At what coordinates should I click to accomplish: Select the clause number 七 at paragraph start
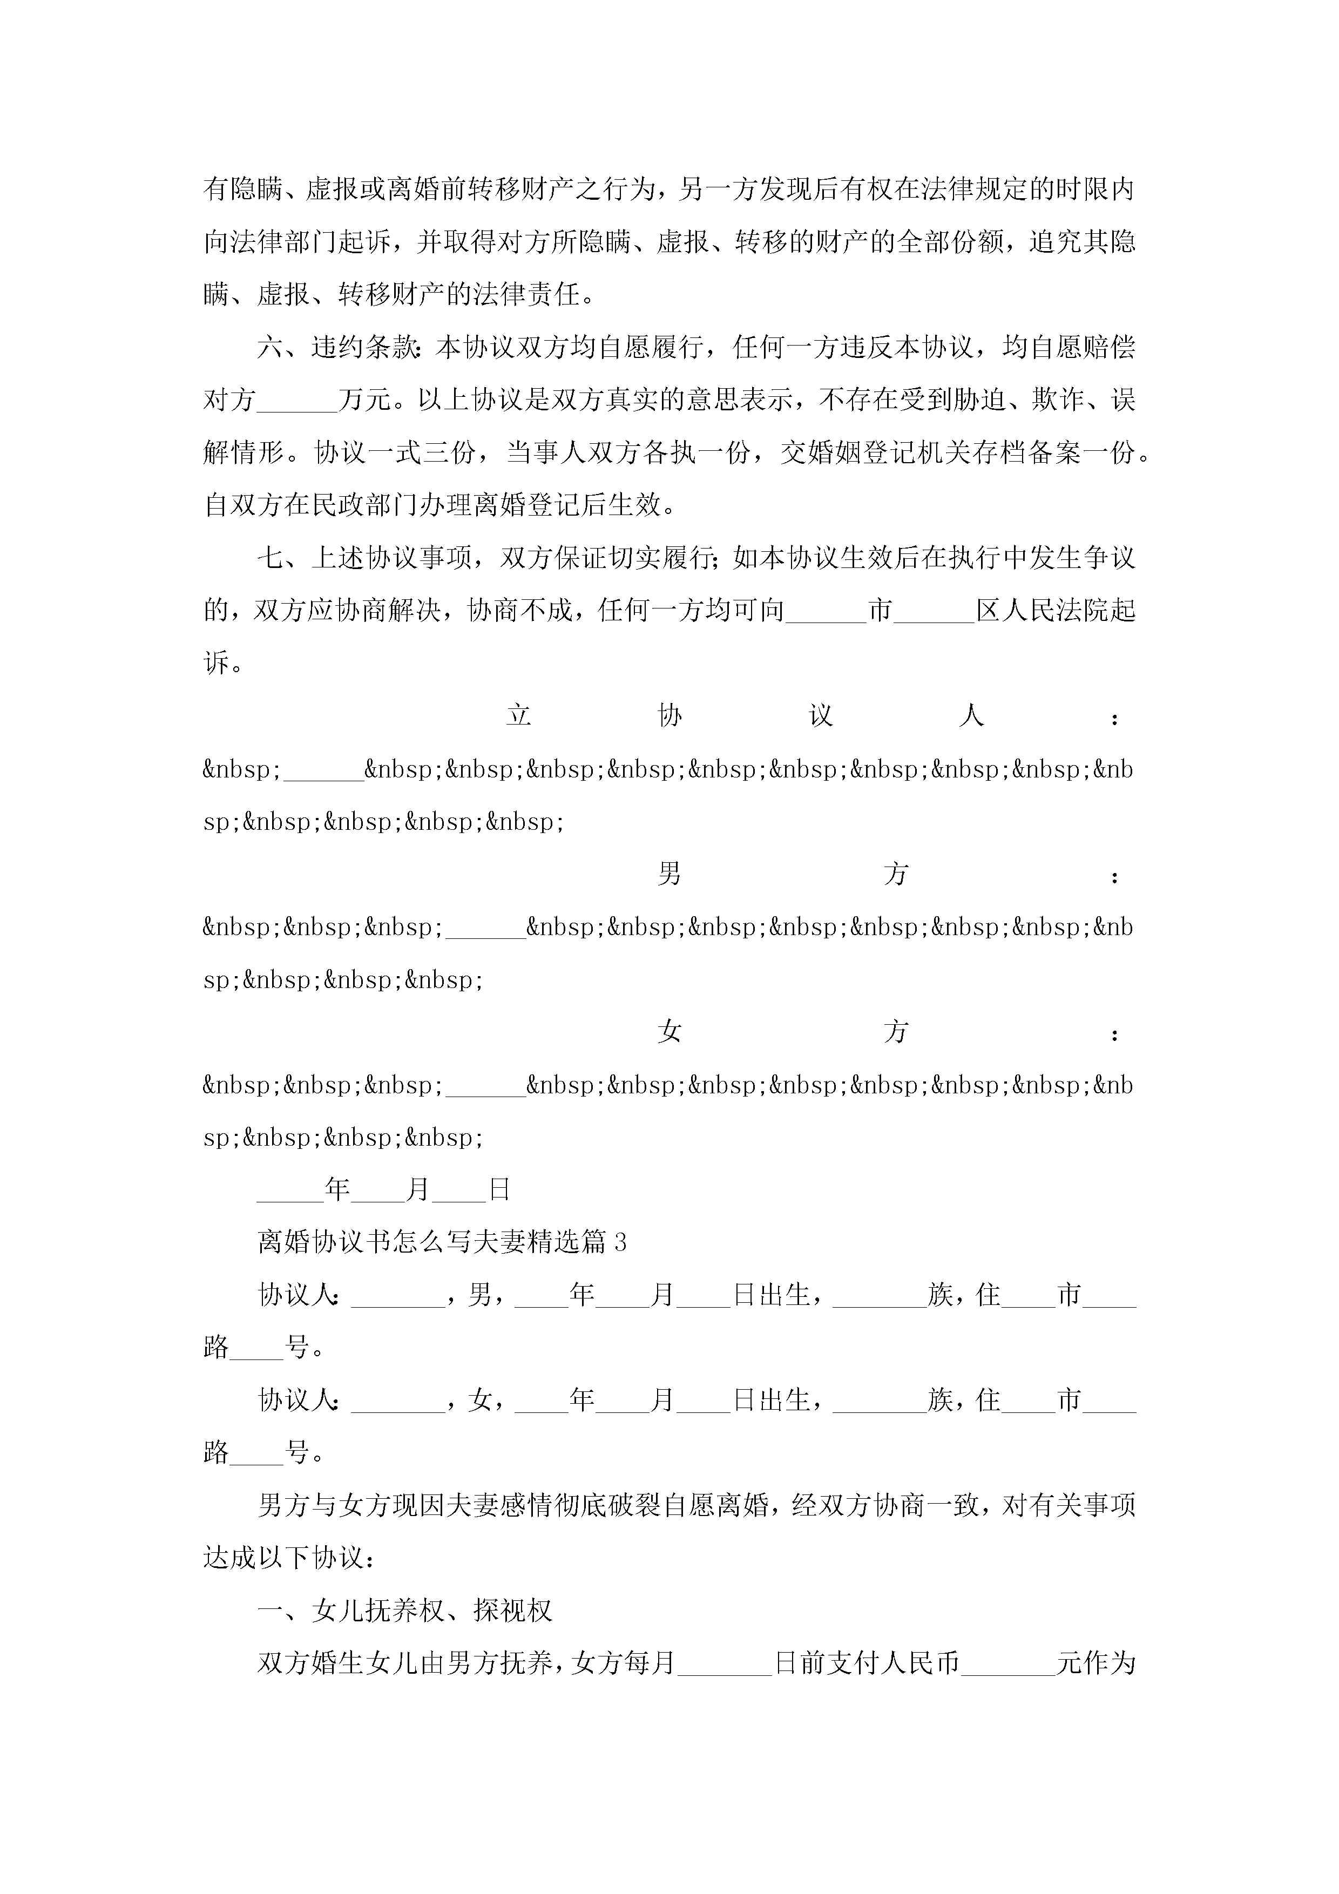click(270, 558)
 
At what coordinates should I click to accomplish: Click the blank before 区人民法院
click(934, 611)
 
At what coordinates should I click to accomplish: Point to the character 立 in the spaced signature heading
click(518, 715)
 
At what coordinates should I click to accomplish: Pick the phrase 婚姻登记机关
click(862, 453)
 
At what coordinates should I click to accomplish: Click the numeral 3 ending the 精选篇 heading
click(620, 1242)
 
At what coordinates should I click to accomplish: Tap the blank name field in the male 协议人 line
click(398, 1295)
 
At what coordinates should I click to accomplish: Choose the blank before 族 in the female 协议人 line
click(880, 1401)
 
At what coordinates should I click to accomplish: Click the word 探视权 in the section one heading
click(512, 1611)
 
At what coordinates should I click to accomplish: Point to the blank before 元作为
click(1008, 1664)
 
